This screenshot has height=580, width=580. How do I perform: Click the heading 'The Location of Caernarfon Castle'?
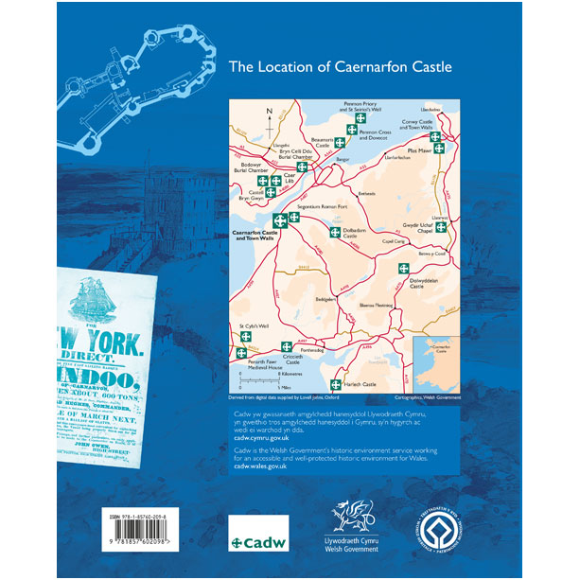pos(342,67)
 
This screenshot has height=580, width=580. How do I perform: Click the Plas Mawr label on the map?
pos(418,150)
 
